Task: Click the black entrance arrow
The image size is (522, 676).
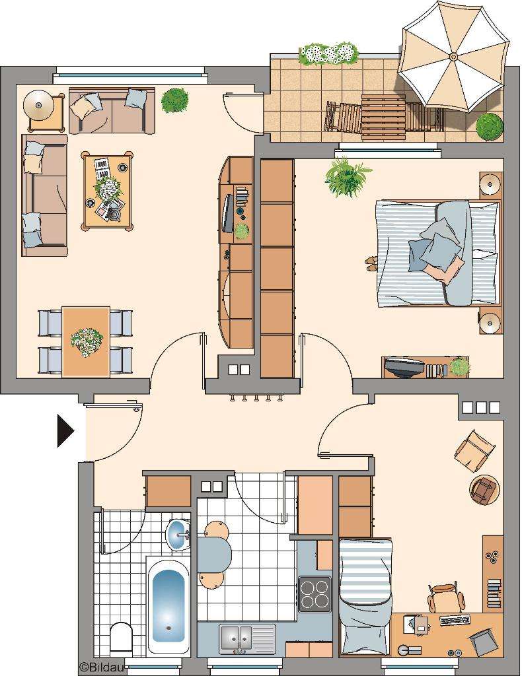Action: coord(65,431)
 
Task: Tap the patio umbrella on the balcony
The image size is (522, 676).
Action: coord(453,57)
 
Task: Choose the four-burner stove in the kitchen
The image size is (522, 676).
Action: coord(314,593)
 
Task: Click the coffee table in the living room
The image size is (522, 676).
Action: coord(107,190)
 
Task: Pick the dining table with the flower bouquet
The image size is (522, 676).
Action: coord(86,341)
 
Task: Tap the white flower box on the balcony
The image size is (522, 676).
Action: coord(328,54)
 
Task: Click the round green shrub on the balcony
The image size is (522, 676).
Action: coord(489,125)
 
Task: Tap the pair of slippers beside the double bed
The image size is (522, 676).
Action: coord(371,263)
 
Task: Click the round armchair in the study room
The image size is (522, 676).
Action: coord(485,489)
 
